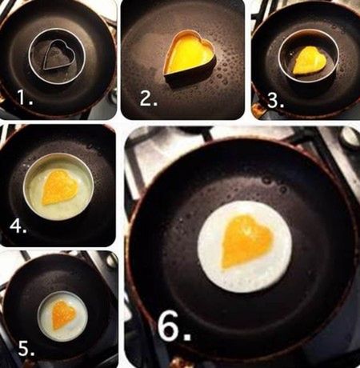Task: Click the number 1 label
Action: coord(25,97)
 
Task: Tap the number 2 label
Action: coord(149,98)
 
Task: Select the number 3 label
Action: coord(275,101)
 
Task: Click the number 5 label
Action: coord(26,348)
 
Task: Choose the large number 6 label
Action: coord(174,326)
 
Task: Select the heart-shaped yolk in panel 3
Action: coord(310,60)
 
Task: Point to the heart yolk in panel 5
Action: coord(63,315)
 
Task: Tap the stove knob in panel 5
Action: coord(112,260)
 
